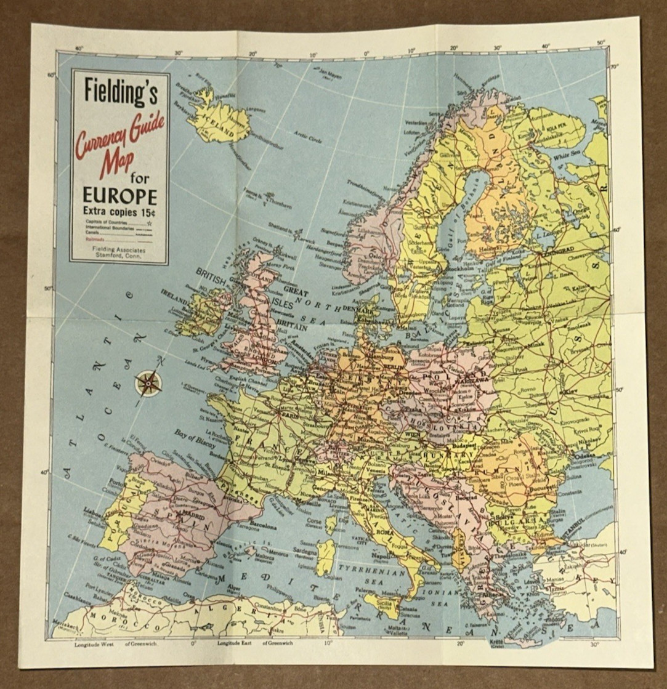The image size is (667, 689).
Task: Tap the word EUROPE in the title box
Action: coord(119,196)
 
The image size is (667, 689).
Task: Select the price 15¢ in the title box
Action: coord(148,211)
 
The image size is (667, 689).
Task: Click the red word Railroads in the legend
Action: coord(95,240)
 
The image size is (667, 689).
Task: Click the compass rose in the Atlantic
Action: coord(148,383)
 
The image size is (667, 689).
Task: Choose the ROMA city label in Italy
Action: coord(385,532)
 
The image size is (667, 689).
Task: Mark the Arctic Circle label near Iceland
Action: coord(308,137)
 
